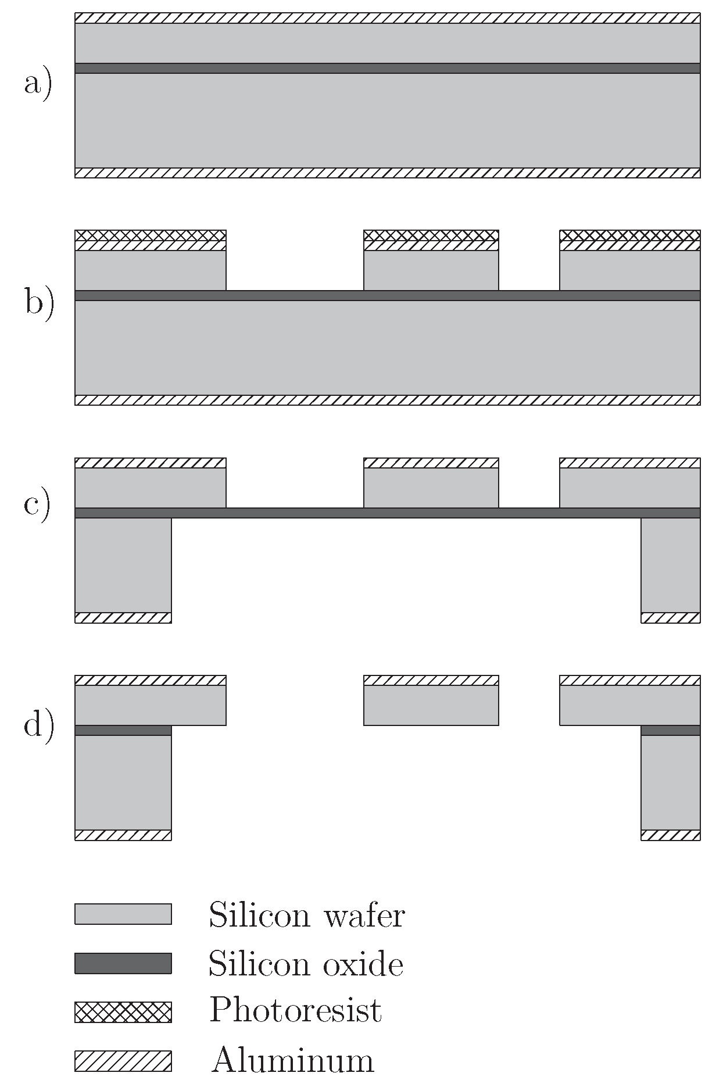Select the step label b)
pyautogui.click(x=39, y=303)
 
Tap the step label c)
pyautogui.click(x=37, y=505)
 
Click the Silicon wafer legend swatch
pyautogui.click(x=123, y=914)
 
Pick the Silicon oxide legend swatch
pyautogui.click(x=123, y=963)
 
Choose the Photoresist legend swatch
pyautogui.click(x=123, y=1012)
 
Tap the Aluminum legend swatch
pyautogui.click(x=123, y=1061)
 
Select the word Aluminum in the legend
pyautogui.click(x=292, y=1060)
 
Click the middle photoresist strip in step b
pyautogui.click(x=431, y=235)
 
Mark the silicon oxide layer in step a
pyautogui.click(x=387, y=68)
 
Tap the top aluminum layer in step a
pyautogui.click(x=387, y=18)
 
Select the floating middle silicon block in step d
pyautogui.click(x=431, y=705)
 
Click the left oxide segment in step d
pyautogui.click(x=123, y=730)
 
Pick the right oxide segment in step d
pyautogui.click(x=670, y=730)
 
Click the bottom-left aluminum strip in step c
pyautogui.click(x=123, y=617)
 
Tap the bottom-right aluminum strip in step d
pyautogui.click(x=670, y=835)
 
